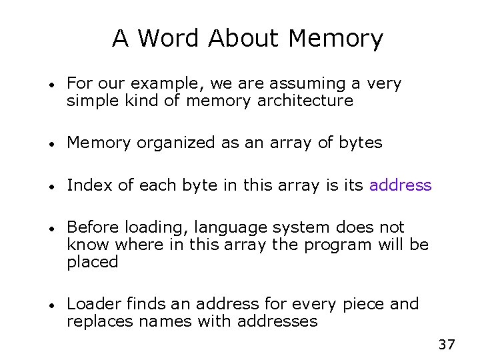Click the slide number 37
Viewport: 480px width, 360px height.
[447, 345]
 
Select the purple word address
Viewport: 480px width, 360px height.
[401, 185]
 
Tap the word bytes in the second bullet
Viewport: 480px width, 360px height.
[361, 143]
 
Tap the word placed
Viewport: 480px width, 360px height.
[93, 261]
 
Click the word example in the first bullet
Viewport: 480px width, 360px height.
[166, 84]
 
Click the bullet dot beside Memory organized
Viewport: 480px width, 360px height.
[51, 143]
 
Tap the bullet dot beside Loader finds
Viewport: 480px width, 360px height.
[51, 305]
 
